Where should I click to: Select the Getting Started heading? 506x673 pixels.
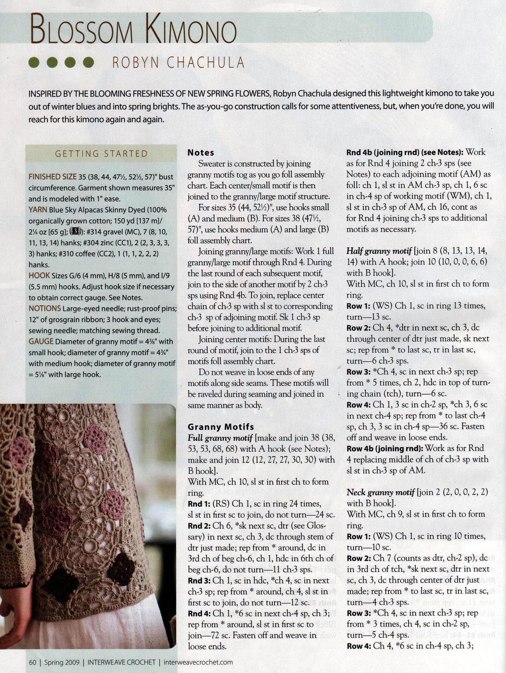pos(101,154)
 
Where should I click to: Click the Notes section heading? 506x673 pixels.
pos(201,153)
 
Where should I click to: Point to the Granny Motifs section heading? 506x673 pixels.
pos(221,427)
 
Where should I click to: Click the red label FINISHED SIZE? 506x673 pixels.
pos(53,177)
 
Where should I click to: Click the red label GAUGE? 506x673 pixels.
pos(41,341)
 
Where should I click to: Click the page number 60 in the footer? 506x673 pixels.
pos(33,662)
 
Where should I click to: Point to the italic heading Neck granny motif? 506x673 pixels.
pos(379,492)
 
